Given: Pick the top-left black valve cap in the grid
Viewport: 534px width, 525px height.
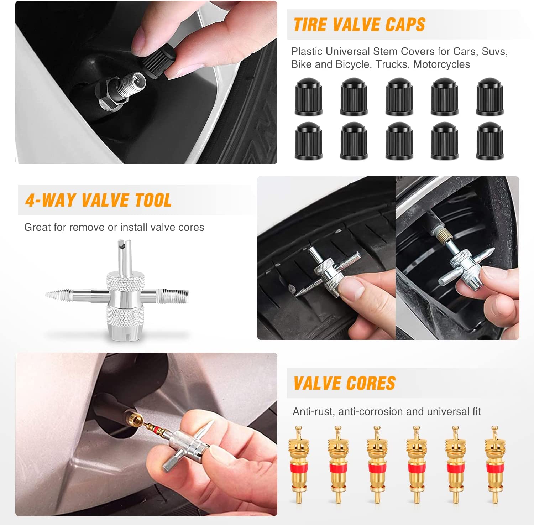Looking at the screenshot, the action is pyautogui.click(x=308, y=97).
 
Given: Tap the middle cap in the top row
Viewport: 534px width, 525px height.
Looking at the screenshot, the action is pyautogui.click(x=399, y=97).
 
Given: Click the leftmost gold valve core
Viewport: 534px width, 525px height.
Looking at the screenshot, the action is pyautogui.click(x=299, y=464).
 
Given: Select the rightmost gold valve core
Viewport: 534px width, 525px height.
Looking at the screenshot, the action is pyautogui.click(x=495, y=464).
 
